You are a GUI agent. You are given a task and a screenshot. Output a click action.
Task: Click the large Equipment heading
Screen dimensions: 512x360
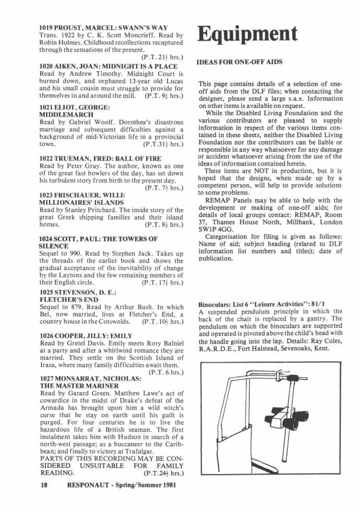pyautogui.click(x=247, y=34)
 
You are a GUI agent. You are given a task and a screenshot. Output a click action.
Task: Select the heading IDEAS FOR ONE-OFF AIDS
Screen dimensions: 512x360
pyautogui.click(x=239, y=62)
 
